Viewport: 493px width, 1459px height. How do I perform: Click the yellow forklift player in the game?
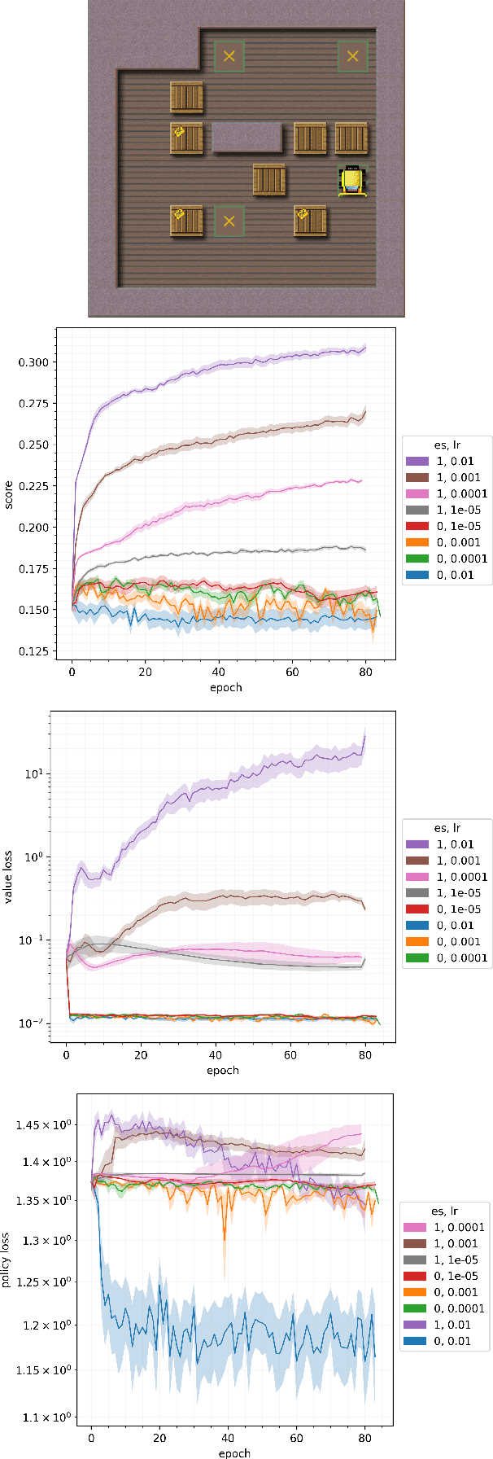tap(352, 181)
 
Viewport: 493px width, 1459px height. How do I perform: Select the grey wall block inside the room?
tap(246, 138)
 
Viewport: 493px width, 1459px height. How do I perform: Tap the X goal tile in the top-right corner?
tap(352, 56)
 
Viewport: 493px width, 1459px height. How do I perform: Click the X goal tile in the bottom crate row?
tap(229, 221)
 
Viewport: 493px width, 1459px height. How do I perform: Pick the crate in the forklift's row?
tap(268, 181)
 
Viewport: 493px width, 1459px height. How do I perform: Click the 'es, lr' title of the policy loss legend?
tap(444, 1211)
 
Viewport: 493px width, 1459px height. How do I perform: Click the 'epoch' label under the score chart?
tap(225, 687)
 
